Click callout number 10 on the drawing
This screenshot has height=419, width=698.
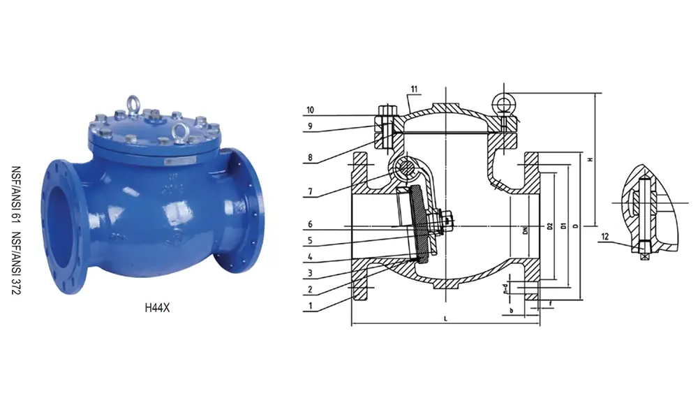coord(310,110)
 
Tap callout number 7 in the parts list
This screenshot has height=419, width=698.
coord(309,191)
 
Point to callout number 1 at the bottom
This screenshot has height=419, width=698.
coord(309,304)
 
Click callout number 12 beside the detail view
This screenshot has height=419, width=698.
coord(605,237)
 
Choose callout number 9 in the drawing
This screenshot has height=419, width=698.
coord(309,126)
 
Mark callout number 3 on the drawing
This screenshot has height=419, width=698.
coord(309,273)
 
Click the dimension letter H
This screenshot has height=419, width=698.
coord(591,159)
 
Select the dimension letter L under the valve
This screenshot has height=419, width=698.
coord(445,318)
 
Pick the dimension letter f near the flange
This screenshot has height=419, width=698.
coord(551,303)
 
